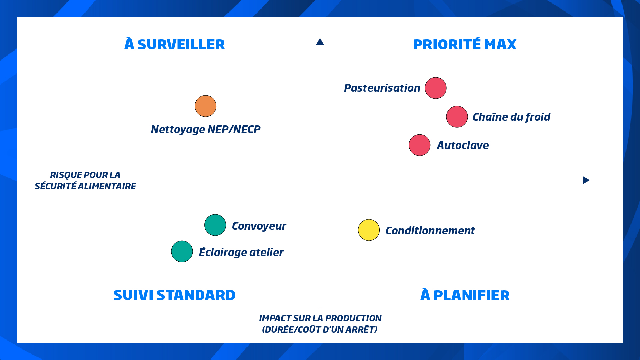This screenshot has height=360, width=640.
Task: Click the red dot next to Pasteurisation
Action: (436, 88)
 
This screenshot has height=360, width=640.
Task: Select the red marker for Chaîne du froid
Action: (457, 117)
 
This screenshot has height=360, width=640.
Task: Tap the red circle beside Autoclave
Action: (420, 145)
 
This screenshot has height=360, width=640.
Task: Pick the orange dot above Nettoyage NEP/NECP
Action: (206, 106)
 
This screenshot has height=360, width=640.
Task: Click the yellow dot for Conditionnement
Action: (369, 230)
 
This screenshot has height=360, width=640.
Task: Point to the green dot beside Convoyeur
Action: (215, 225)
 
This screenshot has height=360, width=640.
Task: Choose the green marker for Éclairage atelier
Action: (182, 251)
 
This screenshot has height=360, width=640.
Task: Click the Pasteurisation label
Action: (382, 88)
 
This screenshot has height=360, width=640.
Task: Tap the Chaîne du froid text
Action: (511, 117)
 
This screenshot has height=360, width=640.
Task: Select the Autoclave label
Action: (463, 145)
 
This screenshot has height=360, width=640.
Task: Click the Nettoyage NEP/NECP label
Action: (206, 129)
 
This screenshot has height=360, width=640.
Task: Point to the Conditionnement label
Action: (430, 231)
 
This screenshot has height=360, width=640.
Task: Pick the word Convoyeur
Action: (259, 226)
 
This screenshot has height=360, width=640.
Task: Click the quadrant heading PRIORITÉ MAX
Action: (465, 44)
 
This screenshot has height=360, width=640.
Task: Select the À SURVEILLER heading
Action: (175, 44)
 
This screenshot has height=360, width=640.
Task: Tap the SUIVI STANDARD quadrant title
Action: (174, 295)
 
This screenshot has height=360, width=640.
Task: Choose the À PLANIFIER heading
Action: (465, 295)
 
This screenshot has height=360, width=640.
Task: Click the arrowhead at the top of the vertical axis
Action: (320, 41)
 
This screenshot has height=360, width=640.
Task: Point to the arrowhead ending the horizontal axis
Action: (586, 180)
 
